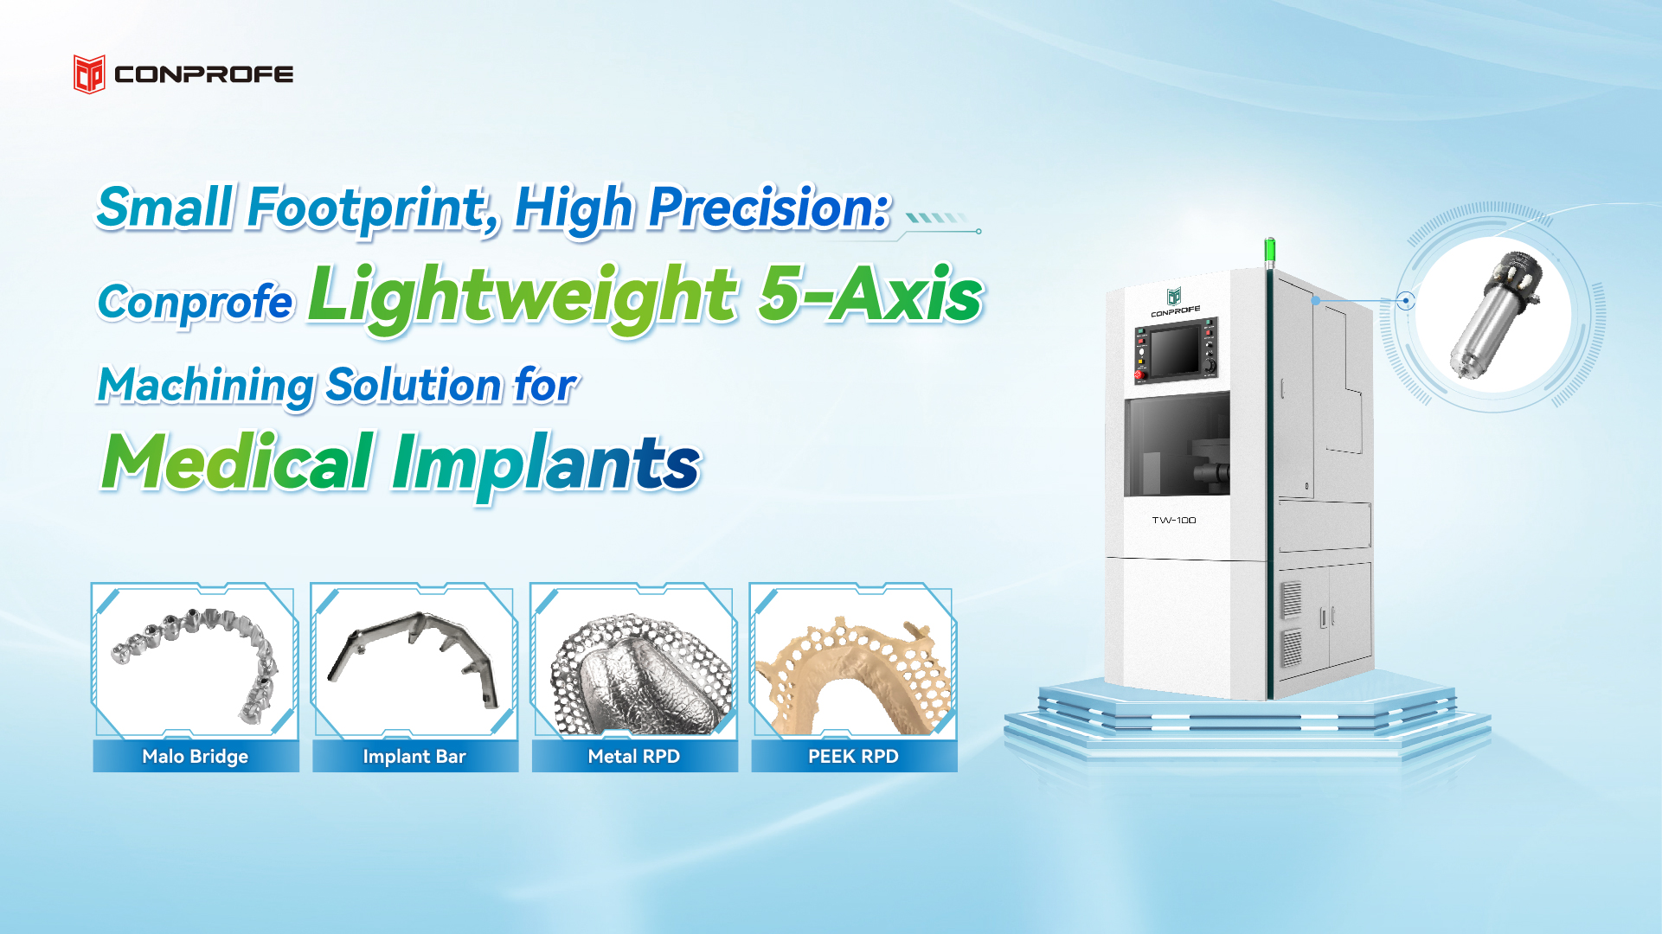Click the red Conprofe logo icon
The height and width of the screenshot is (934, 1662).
[x=89, y=74]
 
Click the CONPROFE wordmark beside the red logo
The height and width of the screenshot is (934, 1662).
[x=204, y=74]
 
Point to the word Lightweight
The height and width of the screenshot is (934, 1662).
[x=523, y=297]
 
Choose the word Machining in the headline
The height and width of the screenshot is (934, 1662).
[x=206, y=386]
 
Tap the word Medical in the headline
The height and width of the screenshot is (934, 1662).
[x=238, y=464]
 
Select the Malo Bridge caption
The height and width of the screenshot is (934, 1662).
[x=196, y=757]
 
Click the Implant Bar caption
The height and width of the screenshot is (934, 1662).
[x=414, y=757]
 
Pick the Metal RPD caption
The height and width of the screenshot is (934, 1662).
[x=634, y=757]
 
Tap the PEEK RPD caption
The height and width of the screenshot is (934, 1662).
[x=853, y=757]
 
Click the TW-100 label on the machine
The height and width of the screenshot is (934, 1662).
[x=1174, y=520]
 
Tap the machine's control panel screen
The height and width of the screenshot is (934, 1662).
[x=1175, y=349]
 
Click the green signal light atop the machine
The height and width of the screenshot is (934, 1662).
[x=1269, y=252]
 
